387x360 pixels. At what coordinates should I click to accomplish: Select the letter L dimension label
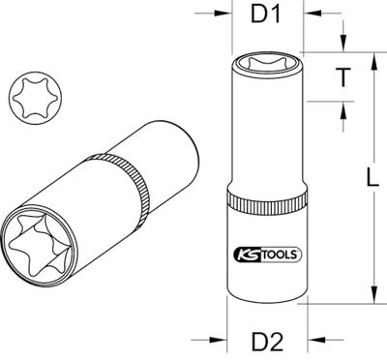click(372, 176)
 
